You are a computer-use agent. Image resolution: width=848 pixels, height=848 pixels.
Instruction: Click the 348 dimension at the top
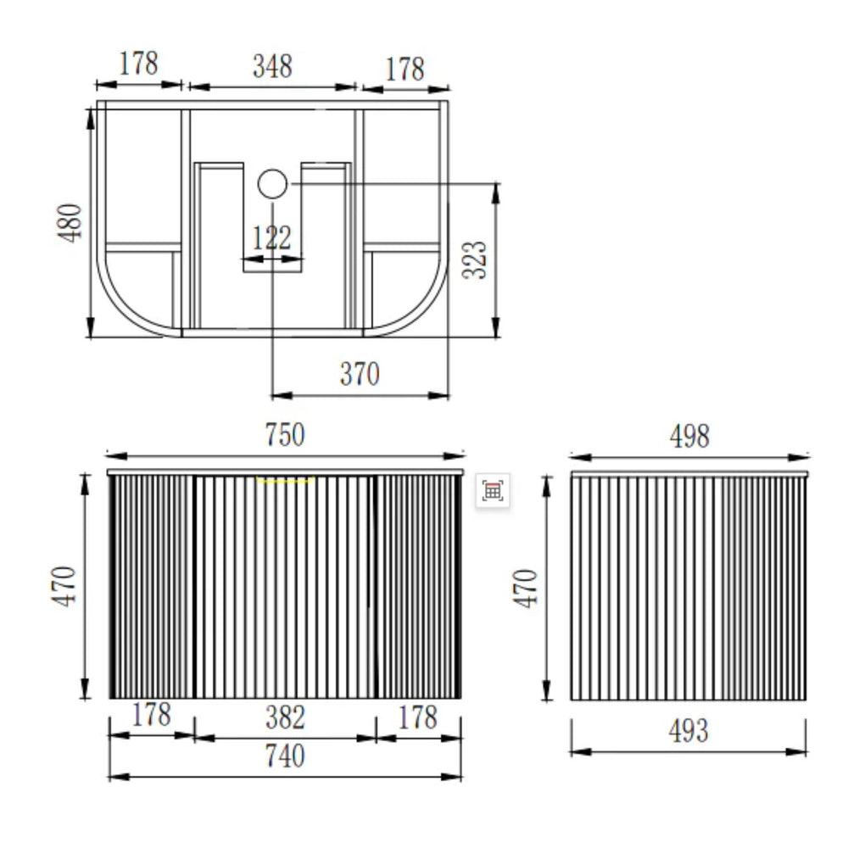point(272,66)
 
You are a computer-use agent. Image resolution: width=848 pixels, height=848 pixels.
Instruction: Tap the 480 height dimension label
point(70,222)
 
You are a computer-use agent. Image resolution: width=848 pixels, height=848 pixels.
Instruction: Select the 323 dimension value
point(474,259)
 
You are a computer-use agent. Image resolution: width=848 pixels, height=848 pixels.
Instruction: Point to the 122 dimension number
point(271,237)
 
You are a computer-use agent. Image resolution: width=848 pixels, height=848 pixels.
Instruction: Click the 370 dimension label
point(360,374)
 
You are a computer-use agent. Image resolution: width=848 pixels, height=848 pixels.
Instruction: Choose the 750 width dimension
point(285,434)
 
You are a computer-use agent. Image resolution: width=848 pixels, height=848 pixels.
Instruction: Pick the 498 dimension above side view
point(689,436)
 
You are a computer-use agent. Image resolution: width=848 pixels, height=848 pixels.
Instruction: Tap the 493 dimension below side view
point(689,731)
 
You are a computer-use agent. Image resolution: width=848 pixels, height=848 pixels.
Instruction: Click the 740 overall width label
point(285,756)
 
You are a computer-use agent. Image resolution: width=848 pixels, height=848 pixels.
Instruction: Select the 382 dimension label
point(286,717)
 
